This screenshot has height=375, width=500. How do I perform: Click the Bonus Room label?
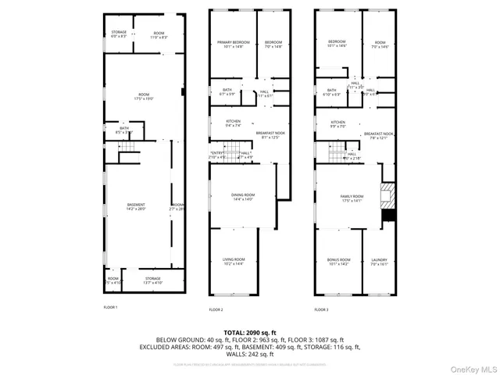[x=338, y=262]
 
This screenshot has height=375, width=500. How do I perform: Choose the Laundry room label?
[x=379, y=262]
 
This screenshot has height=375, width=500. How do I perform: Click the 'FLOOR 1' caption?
[x=110, y=308]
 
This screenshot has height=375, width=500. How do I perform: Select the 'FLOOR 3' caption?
[x=321, y=309]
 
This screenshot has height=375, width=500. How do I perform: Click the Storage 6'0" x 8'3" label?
[x=118, y=34]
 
